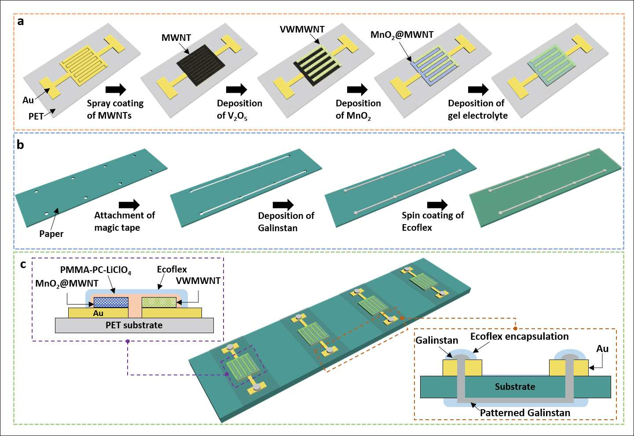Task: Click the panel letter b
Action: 20,145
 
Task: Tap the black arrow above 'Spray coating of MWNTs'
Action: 115,90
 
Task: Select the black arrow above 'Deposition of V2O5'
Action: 237,90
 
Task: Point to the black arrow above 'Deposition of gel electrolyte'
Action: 478,90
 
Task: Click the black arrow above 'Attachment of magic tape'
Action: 129,205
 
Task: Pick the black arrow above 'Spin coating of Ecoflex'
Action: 438,205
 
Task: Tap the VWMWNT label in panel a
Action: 302,29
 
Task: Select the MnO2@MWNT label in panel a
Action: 402,35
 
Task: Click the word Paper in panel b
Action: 51,234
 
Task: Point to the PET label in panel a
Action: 36,116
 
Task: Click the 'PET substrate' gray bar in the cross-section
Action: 134,325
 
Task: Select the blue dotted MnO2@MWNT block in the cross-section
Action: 111,302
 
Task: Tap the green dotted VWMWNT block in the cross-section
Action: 159,302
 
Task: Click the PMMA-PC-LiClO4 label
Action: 95,270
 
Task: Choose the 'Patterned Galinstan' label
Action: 525,413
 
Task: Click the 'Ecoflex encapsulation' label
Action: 520,337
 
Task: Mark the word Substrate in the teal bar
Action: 515,386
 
